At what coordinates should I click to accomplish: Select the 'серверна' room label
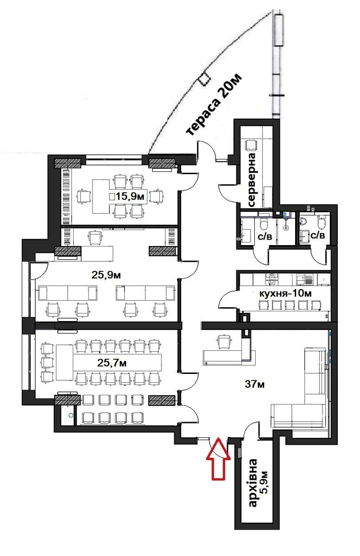tap(251, 180)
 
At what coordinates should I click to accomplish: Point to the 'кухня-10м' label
tap(285, 294)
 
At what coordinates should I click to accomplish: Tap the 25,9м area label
tap(106, 275)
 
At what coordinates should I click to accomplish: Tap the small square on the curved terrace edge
tap(204, 79)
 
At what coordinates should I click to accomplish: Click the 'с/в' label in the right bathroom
tap(318, 235)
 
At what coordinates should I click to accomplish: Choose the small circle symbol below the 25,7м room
tap(71, 415)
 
